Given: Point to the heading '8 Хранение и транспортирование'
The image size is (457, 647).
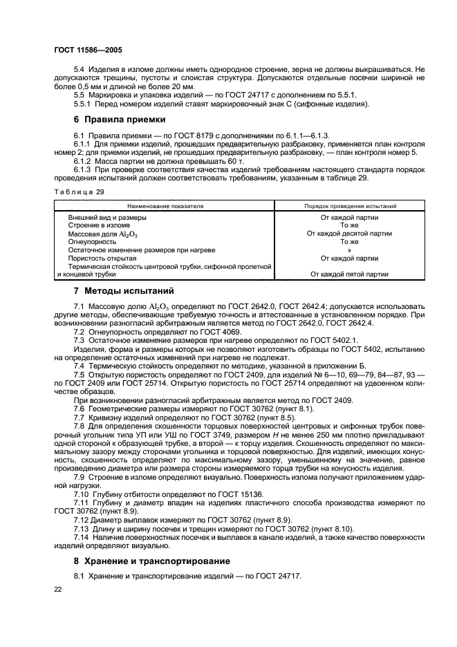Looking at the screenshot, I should coord(152,560).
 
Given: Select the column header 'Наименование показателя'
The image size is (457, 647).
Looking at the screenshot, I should coord(165,206).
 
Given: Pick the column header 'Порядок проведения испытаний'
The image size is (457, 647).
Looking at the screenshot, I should coord(350,206).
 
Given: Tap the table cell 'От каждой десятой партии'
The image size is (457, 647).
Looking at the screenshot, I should coord(350,234).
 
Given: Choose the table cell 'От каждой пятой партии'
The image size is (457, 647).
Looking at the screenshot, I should coord(350,274).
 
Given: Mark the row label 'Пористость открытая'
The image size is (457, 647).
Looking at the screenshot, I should coord(102,258).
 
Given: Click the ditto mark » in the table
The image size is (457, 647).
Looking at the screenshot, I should coord(350,250).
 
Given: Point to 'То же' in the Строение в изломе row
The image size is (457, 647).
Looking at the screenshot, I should coord(350,225).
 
